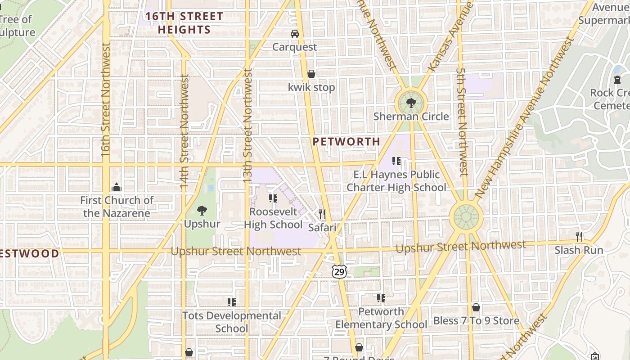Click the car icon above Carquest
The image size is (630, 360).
click(x=294, y=34)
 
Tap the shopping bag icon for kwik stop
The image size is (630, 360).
click(x=311, y=74)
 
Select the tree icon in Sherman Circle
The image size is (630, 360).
click(x=410, y=103)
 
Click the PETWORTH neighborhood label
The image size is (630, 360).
click(x=346, y=141)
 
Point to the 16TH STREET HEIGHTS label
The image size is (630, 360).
click(x=184, y=23)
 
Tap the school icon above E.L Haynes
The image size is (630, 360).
click(x=396, y=161)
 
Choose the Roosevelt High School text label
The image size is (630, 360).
click(x=273, y=218)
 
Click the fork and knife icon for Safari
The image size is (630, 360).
click(x=322, y=214)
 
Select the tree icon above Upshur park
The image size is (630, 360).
click(x=202, y=210)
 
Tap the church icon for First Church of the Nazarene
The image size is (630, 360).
click(x=117, y=187)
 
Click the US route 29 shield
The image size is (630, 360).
click(x=339, y=271)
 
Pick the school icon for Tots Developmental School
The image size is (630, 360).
click(x=232, y=302)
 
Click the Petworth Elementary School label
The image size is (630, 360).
click(x=381, y=318)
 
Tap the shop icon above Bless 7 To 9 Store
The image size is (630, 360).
click(x=476, y=307)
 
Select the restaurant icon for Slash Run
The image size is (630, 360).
click(x=579, y=236)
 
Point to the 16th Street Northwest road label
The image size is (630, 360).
click(x=105, y=100)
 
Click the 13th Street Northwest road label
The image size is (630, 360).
click(x=247, y=126)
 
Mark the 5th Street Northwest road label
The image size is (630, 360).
click(x=461, y=121)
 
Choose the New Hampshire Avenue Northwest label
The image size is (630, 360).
click(x=524, y=117)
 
